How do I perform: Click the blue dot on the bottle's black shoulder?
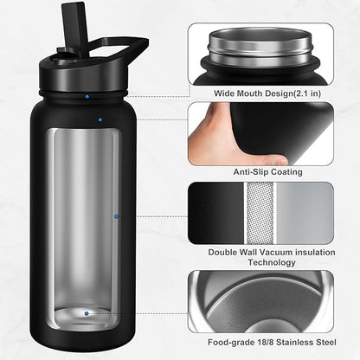coord(100,119)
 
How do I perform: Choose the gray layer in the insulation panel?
coord(304,212)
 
